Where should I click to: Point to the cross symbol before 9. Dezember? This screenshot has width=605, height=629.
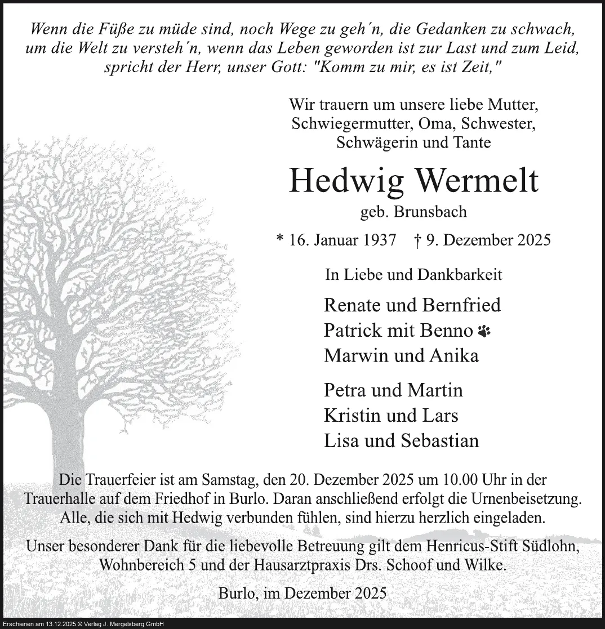[418, 240]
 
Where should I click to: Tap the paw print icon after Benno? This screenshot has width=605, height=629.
[483, 331]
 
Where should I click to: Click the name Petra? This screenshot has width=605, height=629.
[344, 390]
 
